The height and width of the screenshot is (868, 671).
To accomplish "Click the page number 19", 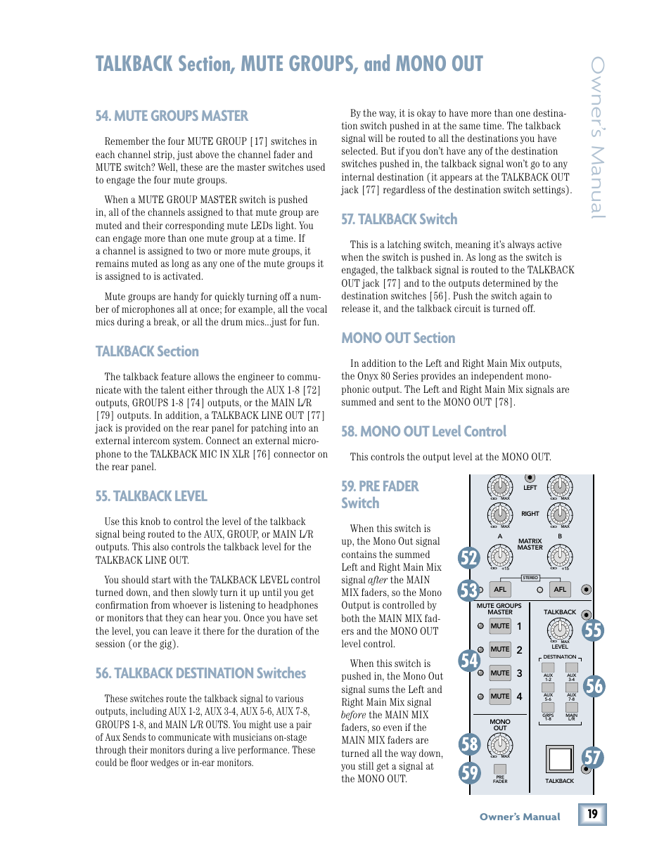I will point(592,814).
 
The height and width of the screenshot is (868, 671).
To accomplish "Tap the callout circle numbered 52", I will point(468,558).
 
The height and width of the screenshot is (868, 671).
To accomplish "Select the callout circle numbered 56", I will point(594,685).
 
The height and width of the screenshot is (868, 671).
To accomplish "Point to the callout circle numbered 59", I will point(469,772).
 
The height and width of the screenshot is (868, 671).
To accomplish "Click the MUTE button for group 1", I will point(500,626).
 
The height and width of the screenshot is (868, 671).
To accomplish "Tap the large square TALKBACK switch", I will point(560,759).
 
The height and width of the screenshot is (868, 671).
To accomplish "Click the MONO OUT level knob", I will point(500,744).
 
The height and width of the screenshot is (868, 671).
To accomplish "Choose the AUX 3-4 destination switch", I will point(572,668).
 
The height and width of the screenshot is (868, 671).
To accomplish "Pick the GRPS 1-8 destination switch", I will point(548,708).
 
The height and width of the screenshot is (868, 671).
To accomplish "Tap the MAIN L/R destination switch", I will point(572,708).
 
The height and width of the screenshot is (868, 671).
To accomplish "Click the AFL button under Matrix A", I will point(500,590).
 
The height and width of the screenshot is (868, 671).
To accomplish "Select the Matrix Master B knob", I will point(560,557).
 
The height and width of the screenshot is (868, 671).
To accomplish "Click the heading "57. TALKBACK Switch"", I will point(399,219).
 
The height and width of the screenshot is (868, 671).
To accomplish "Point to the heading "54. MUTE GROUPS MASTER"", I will point(172,116).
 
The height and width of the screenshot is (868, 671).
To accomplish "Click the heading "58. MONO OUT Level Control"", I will point(423,432).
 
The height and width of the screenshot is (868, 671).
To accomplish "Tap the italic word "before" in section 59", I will point(354,715).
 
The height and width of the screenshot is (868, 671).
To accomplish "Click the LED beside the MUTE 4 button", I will point(480,697).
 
